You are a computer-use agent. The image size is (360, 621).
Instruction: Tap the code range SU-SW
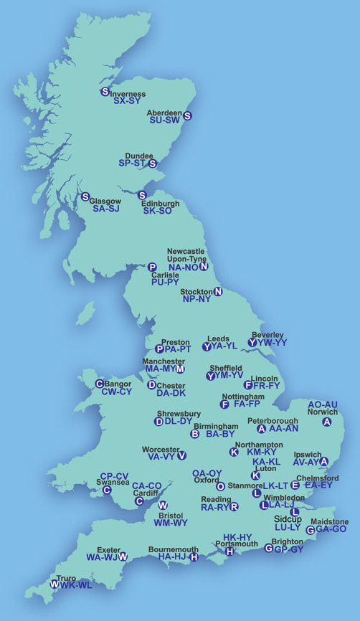[x=164, y=120]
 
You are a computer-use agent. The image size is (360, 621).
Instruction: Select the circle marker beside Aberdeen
[x=188, y=115]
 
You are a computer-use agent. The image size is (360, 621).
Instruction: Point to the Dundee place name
[x=138, y=156]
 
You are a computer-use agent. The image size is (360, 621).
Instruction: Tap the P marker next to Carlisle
[x=152, y=267]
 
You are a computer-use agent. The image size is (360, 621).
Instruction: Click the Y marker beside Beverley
[x=252, y=343]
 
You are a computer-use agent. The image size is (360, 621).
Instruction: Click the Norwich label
[x=321, y=412]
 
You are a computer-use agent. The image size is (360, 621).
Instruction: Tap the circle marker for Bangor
[x=100, y=384]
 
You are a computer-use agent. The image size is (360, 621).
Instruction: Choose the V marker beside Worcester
[x=181, y=455]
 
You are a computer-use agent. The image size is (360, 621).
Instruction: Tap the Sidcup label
[x=288, y=518]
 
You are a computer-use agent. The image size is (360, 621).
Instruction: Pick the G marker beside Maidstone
[x=310, y=530]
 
